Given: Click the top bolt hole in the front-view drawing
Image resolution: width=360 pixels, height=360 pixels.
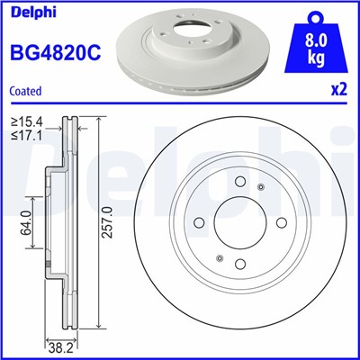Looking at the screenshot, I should [x=240, y=183].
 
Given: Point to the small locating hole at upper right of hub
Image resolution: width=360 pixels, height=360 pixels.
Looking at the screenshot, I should [x=261, y=187].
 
